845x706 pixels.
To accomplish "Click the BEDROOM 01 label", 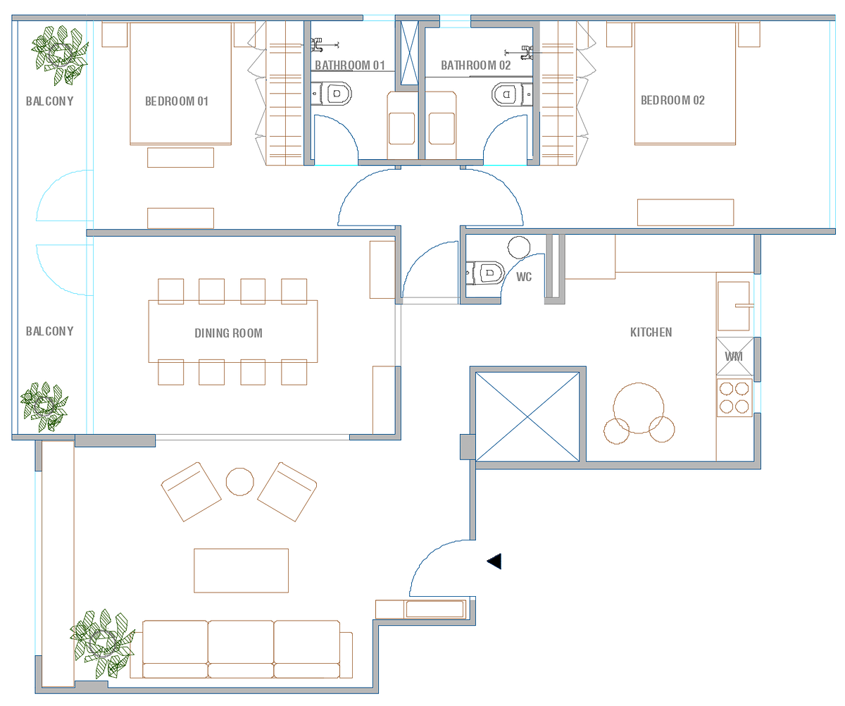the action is (x=177, y=101).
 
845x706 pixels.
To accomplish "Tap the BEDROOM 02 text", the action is (x=672, y=100).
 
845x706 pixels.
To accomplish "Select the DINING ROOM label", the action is (x=228, y=333).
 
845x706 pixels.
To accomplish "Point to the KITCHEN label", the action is (x=651, y=332).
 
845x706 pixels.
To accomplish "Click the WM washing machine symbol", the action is (x=734, y=356).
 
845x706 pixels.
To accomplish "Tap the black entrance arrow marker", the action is (x=494, y=561).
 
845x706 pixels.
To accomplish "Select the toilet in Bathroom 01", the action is (x=331, y=94).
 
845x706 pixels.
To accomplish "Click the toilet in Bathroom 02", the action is (x=512, y=94).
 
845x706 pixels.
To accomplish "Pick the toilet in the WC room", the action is (x=485, y=273).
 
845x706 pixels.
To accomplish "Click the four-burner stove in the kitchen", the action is (x=734, y=397).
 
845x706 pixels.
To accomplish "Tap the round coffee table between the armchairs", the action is (x=239, y=482).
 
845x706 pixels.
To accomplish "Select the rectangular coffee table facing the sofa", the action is (x=241, y=570).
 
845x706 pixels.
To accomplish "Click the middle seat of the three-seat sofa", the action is (x=241, y=648).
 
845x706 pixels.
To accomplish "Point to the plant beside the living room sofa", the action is (x=102, y=643).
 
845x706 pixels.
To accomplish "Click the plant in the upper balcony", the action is (x=60, y=55).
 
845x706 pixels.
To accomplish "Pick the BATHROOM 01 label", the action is (x=350, y=66).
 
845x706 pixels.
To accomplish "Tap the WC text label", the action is (x=524, y=277).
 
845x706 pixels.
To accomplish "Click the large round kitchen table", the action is (x=638, y=408).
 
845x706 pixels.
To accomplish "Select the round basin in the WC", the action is (x=518, y=247).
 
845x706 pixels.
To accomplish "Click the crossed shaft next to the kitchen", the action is (x=527, y=416).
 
